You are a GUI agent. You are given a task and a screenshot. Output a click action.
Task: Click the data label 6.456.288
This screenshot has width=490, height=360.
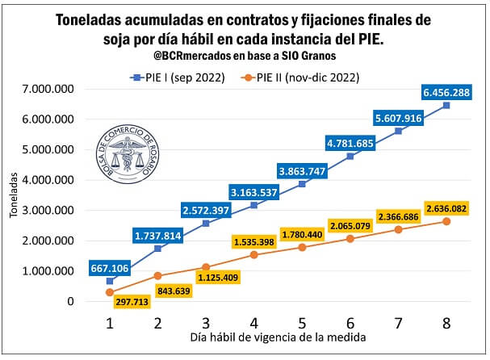(446, 91)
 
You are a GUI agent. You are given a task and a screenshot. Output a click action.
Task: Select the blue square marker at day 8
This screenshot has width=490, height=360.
(446, 106)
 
